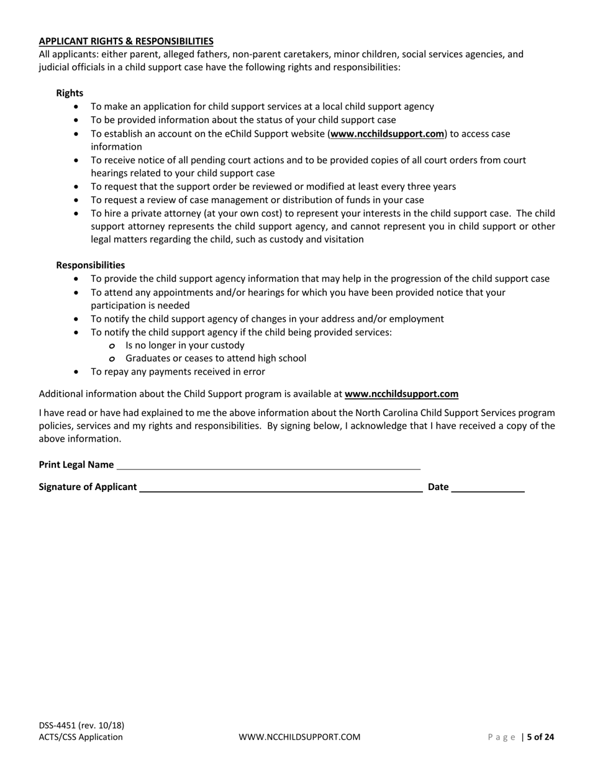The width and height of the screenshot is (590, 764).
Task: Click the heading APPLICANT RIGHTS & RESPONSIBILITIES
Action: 126,41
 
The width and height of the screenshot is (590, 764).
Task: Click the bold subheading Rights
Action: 70,93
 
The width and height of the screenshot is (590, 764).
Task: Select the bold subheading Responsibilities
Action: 90,265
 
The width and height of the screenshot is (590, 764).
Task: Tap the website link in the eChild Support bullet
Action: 388,134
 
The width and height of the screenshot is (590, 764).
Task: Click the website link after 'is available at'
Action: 401,394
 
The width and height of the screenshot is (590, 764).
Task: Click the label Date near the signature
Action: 438,487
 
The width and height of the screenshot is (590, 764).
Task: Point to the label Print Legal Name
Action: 76,465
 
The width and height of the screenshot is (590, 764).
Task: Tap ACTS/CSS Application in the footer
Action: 81,737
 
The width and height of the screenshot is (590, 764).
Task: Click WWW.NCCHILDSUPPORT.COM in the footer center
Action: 299,737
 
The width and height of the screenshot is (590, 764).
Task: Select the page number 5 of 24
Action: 540,737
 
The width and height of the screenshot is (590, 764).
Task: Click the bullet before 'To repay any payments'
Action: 76,372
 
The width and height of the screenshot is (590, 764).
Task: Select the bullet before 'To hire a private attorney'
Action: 76,213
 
